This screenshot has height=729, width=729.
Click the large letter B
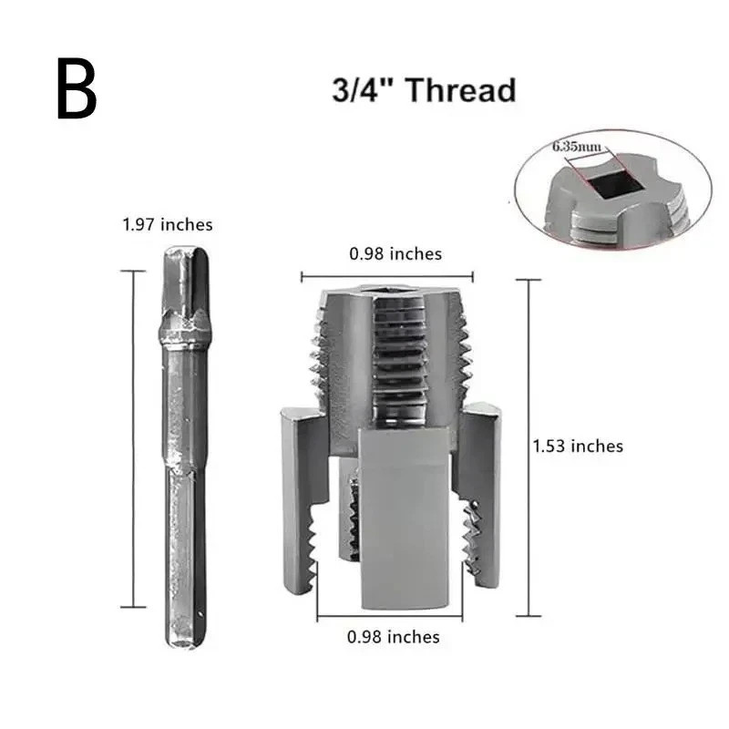[x=77, y=90]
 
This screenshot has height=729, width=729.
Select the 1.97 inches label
[x=168, y=224]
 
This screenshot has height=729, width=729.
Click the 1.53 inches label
[x=578, y=446]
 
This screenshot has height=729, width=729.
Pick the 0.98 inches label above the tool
[x=395, y=253]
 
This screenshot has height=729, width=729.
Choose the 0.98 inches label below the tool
[x=393, y=637]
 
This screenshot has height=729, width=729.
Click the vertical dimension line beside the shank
[x=133, y=438]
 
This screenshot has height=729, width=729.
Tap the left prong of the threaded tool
[x=297, y=492]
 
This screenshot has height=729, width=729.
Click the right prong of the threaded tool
[x=488, y=492]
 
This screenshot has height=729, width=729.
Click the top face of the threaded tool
[x=386, y=293]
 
